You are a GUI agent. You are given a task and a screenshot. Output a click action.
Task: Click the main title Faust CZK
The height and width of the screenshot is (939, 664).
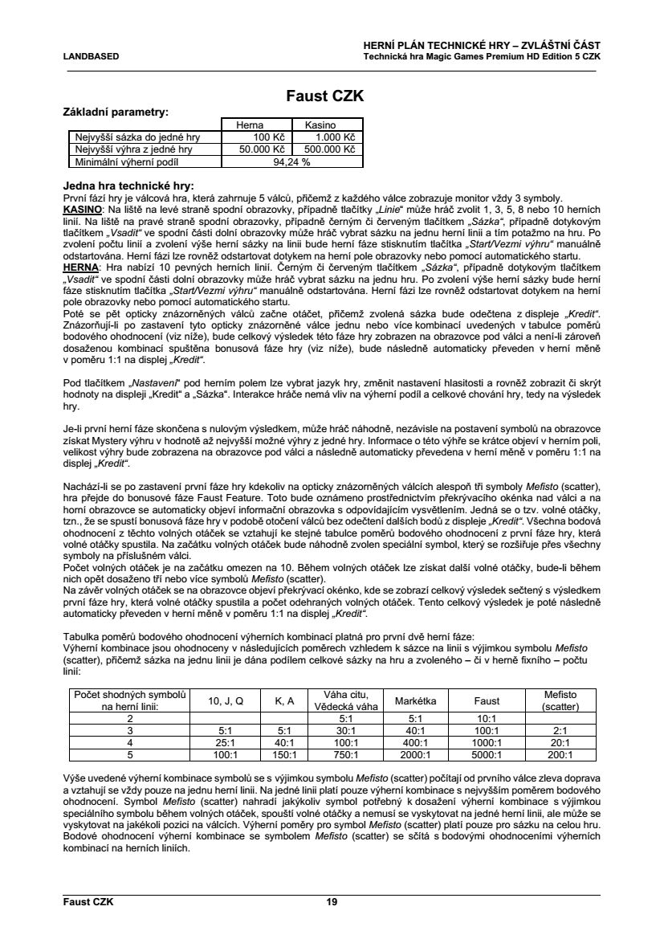tap(325, 96)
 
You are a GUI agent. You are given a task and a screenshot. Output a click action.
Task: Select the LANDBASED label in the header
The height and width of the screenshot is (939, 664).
tap(90, 57)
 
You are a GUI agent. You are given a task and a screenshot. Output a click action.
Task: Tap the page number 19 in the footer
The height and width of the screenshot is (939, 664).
tap(332, 901)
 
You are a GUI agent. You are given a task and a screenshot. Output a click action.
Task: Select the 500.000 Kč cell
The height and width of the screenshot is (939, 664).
tap(328, 149)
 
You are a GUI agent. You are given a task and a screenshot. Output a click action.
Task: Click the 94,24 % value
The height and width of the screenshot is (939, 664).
tap(292, 161)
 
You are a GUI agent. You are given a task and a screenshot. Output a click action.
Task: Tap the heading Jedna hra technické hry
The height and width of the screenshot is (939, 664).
tap(128, 186)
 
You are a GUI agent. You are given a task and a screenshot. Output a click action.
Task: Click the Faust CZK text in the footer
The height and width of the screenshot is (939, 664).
tap(88, 901)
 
